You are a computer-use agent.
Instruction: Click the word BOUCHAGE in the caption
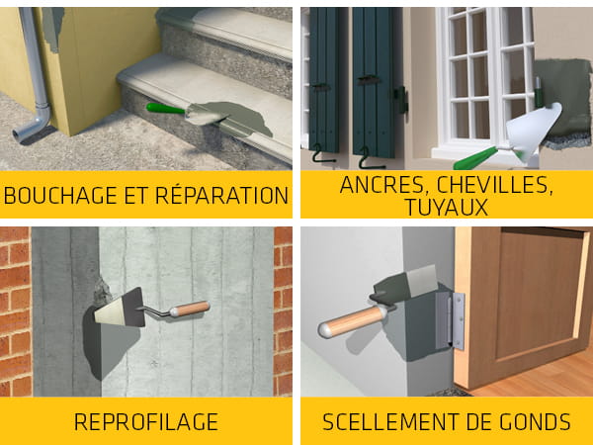coord(60,195)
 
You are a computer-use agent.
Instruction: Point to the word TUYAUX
coord(447,207)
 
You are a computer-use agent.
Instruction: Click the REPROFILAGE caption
coord(146,422)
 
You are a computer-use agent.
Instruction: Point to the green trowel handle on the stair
coord(165,109)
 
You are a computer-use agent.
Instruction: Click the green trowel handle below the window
coord(475,158)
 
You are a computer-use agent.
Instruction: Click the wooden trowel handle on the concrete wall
coord(190,309)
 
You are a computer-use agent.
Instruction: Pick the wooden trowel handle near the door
coord(352,321)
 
